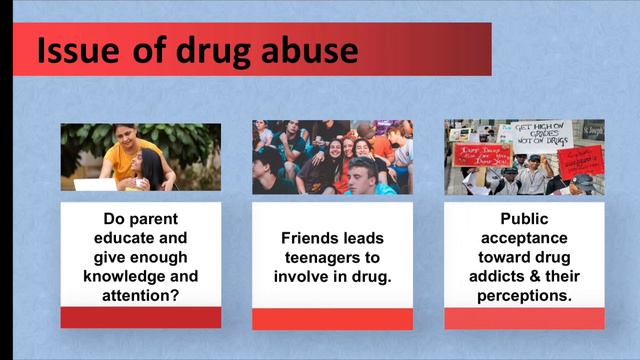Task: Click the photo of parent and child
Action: pyautogui.click(x=141, y=157)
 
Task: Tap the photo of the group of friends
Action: pyautogui.click(x=332, y=157)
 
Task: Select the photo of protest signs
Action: pyautogui.click(x=524, y=157)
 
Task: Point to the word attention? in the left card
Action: pyautogui.click(x=141, y=294)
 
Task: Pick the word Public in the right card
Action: pyautogui.click(x=524, y=219)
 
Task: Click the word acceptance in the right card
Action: pyautogui.click(x=524, y=238)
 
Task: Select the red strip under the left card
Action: pyautogui.click(x=141, y=318)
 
